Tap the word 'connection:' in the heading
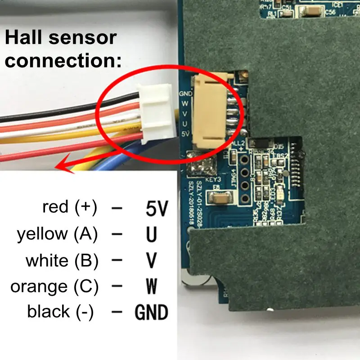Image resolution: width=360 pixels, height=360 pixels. tap(63, 60)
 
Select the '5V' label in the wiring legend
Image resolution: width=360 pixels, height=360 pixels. tap(157, 209)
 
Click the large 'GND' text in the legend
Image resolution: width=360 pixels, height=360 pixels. tap(152, 312)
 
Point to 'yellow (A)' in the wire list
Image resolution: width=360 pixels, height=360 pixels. tap(57, 234)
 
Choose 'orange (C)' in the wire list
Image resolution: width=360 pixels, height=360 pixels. tap(54, 286)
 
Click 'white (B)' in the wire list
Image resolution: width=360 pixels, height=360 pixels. tap(62, 261)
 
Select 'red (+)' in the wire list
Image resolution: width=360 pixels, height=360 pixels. tap(69, 207)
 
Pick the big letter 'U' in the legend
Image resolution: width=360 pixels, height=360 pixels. tap(151, 235)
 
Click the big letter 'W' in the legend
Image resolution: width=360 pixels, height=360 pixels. tap(152, 286)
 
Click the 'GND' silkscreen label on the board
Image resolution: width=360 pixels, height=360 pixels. tap(185, 94)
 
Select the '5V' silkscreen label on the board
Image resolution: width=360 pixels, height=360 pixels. tap(184, 134)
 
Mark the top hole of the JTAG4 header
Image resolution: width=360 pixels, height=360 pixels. tap(245, 160)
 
